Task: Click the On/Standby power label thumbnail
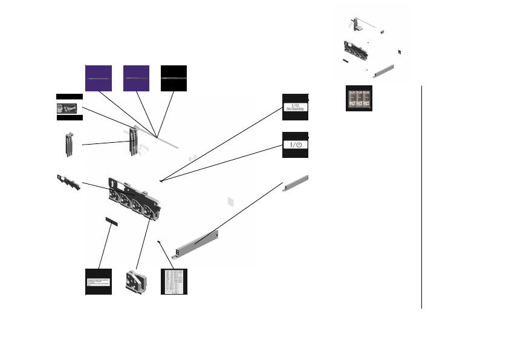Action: point(296,107)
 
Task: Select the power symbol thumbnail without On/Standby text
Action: point(296,145)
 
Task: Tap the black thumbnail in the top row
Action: point(173,78)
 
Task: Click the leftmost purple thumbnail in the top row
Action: point(99,78)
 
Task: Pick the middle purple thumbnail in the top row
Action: point(136,78)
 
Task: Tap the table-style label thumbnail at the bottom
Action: point(173,281)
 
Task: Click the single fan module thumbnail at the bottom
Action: point(136,281)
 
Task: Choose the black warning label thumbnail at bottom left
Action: point(99,281)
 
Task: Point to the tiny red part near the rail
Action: point(160,243)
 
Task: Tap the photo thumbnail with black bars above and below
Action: point(68,107)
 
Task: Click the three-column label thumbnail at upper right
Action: point(358,98)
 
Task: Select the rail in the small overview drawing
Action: point(384,71)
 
